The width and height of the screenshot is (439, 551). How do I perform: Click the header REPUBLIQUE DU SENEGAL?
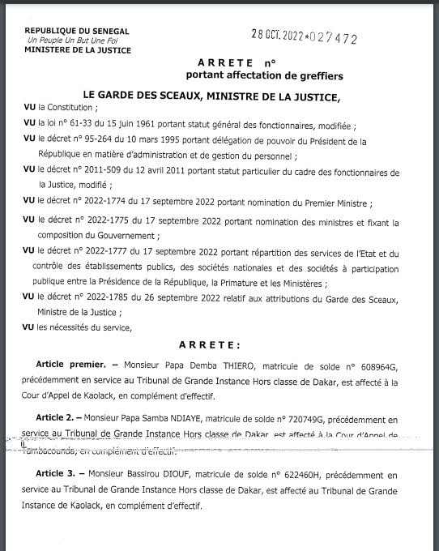(x=70, y=31)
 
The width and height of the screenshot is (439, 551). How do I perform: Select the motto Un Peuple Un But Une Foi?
(x=71, y=40)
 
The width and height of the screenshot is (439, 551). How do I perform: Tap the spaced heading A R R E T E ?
(x=220, y=344)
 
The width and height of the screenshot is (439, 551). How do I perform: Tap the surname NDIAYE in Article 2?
(x=196, y=421)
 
